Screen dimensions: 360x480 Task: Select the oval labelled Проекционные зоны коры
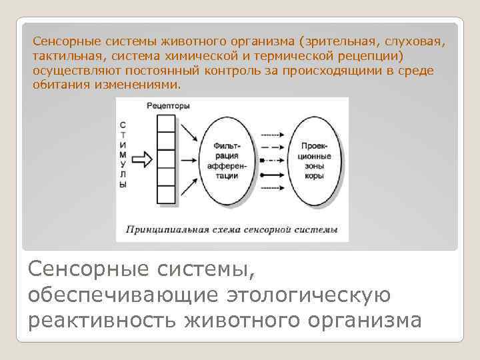[x=313, y=160]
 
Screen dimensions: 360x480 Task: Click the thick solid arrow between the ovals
[x=273, y=177]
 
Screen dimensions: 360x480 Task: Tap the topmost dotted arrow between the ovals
[x=273, y=131]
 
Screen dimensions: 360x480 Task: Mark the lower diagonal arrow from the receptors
[x=190, y=186]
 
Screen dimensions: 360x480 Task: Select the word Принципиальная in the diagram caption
[x=159, y=229]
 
